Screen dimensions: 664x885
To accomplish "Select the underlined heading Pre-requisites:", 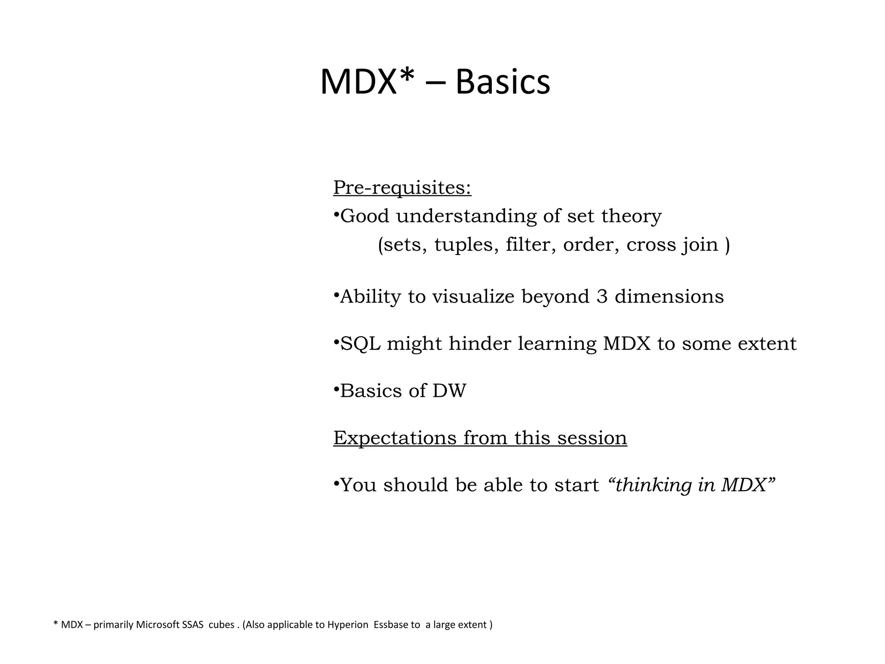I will click(x=402, y=188).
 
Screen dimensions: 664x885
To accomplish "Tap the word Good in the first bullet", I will click(x=365, y=216).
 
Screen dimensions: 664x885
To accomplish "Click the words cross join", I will click(x=672, y=245).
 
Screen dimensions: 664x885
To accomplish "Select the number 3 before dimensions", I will click(x=602, y=297).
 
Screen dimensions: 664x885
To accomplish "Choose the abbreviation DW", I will click(x=449, y=391).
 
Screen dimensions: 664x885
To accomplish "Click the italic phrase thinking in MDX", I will click(x=691, y=485).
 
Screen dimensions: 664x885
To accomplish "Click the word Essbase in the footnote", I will click(x=391, y=625).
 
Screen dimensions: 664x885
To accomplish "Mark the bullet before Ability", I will click(x=336, y=295).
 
